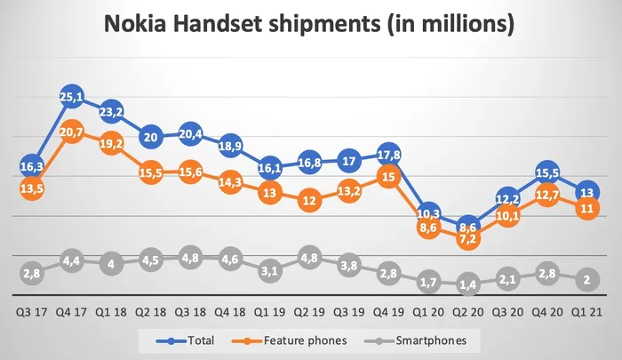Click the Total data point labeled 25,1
[x=72, y=98]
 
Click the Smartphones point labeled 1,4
[x=468, y=284]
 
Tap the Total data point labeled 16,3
[x=32, y=165]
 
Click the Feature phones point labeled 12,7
[x=547, y=196]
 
